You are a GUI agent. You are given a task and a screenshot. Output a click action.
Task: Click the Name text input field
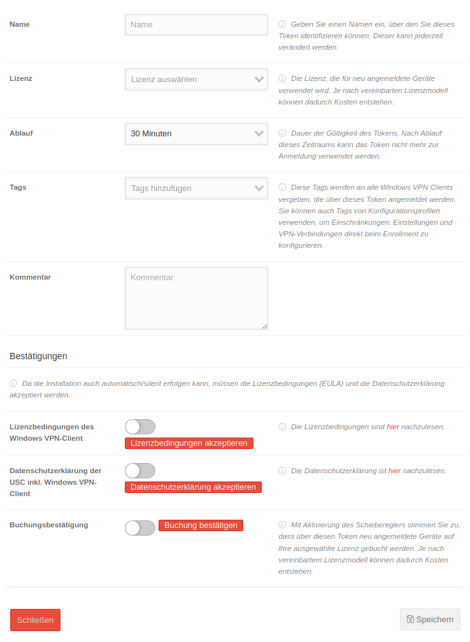[x=196, y=25]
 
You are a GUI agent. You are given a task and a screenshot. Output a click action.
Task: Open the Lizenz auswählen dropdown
[x=196, y=80]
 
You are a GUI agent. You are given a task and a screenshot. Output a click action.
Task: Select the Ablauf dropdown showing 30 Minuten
[x=196, y=134]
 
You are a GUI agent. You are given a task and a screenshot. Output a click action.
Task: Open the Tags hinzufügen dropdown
[x=196, y=188]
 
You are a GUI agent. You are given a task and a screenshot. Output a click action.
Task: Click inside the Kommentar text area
[x=196, y=298]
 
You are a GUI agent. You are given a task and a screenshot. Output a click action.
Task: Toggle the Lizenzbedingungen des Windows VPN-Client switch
[x=140, y=427]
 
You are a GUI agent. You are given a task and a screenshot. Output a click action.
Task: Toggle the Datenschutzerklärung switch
[x=140, y=471]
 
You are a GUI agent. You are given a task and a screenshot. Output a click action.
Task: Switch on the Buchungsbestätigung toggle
[x=140, y=528]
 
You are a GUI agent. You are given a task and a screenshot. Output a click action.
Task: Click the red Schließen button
[x=35, y=620]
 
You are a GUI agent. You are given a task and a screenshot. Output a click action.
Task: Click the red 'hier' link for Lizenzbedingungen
[x=392, y=427]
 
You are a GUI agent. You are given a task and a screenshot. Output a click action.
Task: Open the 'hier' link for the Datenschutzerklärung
[x=394, y=471]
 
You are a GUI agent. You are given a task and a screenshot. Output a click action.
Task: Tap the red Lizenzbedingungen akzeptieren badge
[x=189, y=443]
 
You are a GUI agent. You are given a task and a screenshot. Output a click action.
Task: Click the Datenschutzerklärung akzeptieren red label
[x=193, y=487]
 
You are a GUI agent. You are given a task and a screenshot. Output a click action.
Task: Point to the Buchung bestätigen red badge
[x=201, y=525]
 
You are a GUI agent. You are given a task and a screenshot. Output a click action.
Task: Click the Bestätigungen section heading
[x=38, y=356]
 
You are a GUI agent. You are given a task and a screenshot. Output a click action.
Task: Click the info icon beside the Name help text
[x=282, y=24]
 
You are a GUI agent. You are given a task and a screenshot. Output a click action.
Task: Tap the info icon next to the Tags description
[x=282, y=187]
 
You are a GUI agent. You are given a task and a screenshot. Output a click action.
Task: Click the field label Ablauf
[x=21, y=134]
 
